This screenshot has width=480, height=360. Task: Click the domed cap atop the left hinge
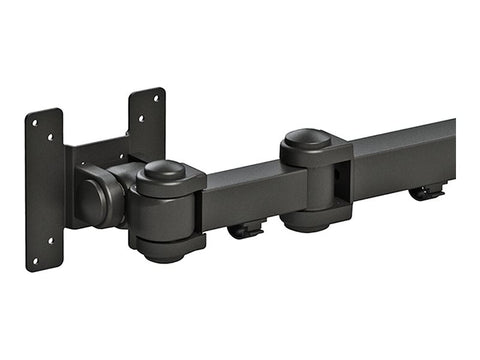pyautogui.click(x=166, y=170)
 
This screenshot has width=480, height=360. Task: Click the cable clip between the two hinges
pyautogui.click(x=245, y=231)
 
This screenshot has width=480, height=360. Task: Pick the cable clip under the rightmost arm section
pyautogui.click(x=427, y=192)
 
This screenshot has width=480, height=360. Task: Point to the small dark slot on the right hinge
pyautogui.click(x=337, y=174)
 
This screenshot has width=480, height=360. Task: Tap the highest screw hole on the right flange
pyautogui.click(x=154, y=101)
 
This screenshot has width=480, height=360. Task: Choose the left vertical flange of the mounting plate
pyautogui.click(x=45, y=190)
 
